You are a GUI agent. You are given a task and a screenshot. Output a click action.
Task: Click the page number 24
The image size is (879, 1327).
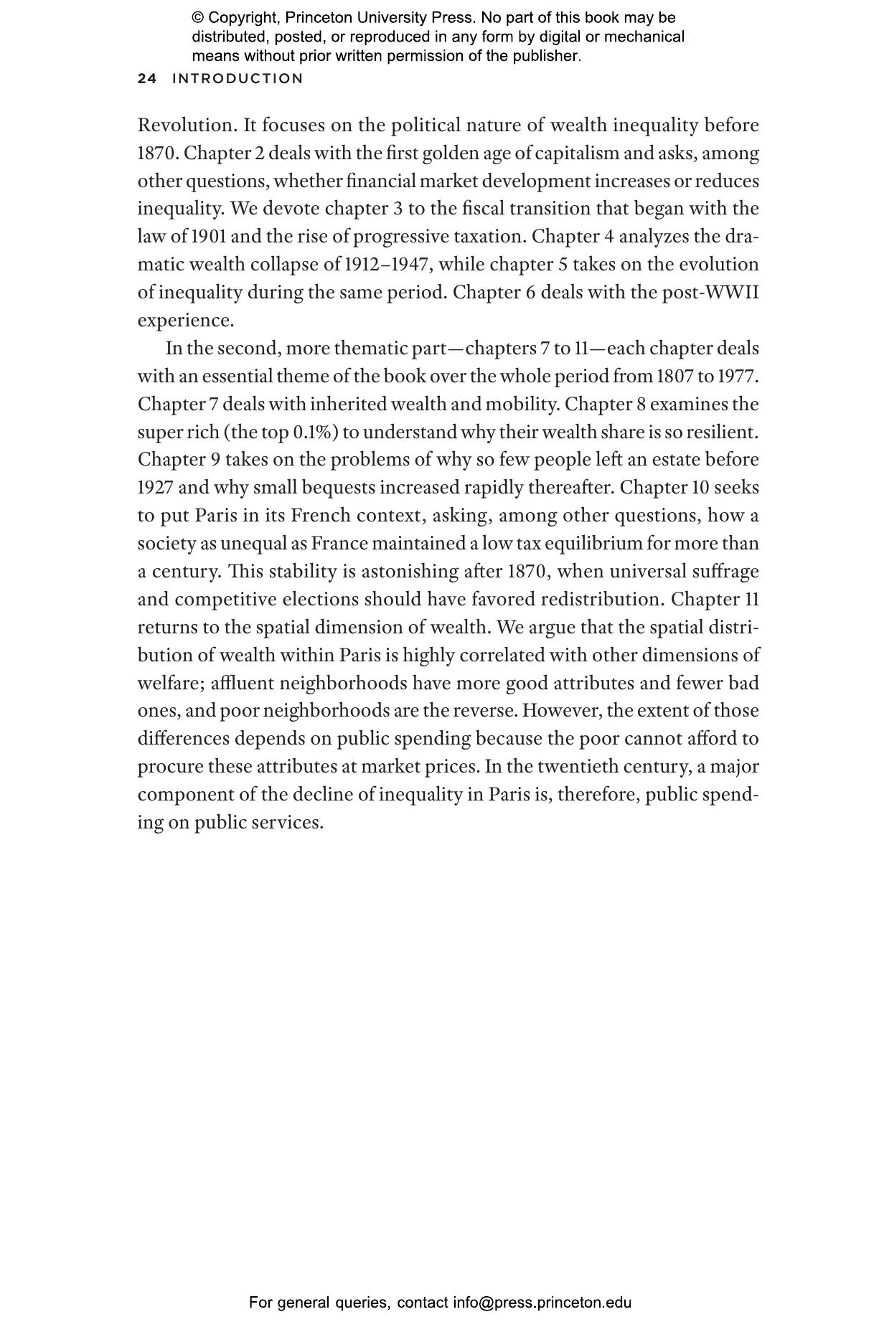coord(147,79)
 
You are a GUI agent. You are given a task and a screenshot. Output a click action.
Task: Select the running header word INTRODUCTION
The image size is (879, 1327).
coord(238,79)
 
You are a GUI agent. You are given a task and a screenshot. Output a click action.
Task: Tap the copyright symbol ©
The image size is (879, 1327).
coord(198,18)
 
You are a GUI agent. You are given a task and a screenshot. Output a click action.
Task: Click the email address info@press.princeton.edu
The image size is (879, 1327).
coord(542,1303)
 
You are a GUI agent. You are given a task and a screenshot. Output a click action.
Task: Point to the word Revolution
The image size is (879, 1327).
coord(187,126)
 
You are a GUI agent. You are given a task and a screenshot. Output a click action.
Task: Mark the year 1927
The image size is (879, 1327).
coord(155,488)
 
